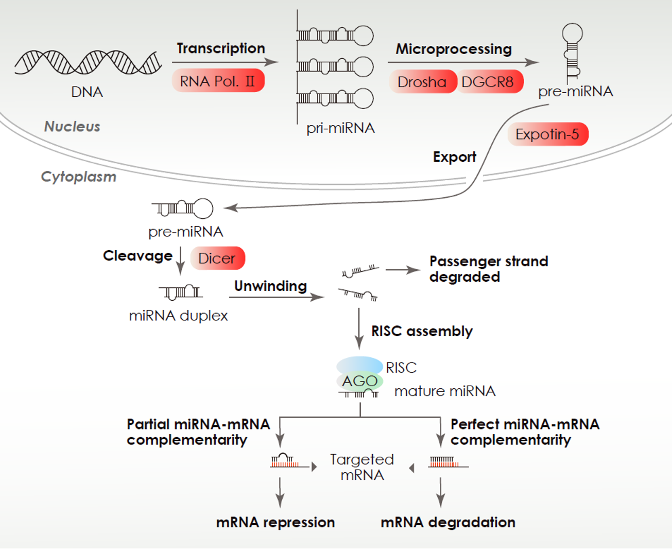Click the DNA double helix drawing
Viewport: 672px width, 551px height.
[x=88, y=62]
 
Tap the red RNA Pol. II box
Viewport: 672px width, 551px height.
[x=218, y=81]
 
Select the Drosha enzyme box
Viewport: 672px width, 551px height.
[x=422, y=82]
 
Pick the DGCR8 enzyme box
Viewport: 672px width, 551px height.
[x=488, y=82]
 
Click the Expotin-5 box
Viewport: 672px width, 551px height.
[x=547, y=134]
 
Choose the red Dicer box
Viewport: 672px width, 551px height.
[x=217, y=258]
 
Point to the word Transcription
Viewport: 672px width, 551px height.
[x=221, y=48]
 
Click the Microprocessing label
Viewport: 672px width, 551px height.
[x=453, y=49]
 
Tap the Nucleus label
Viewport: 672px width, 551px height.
[x=72, y=127]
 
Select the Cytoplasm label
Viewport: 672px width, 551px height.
[x=79, y=177]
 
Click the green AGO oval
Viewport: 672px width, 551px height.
[x=360, y=382]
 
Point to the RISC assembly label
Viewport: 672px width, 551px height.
[x=422, y=331]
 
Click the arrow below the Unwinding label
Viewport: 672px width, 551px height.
[x=277, y=297]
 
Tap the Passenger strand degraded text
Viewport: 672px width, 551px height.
[x=488, y=269]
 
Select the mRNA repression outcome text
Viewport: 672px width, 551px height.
[x=275, y=522]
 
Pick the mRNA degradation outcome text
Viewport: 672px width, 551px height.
[x=448, y=522]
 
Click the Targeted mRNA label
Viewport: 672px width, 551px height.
[x=362, y=467]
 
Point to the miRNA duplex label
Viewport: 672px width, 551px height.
[x=178, y=316]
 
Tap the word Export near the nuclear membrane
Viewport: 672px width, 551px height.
[x=454, y=157]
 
